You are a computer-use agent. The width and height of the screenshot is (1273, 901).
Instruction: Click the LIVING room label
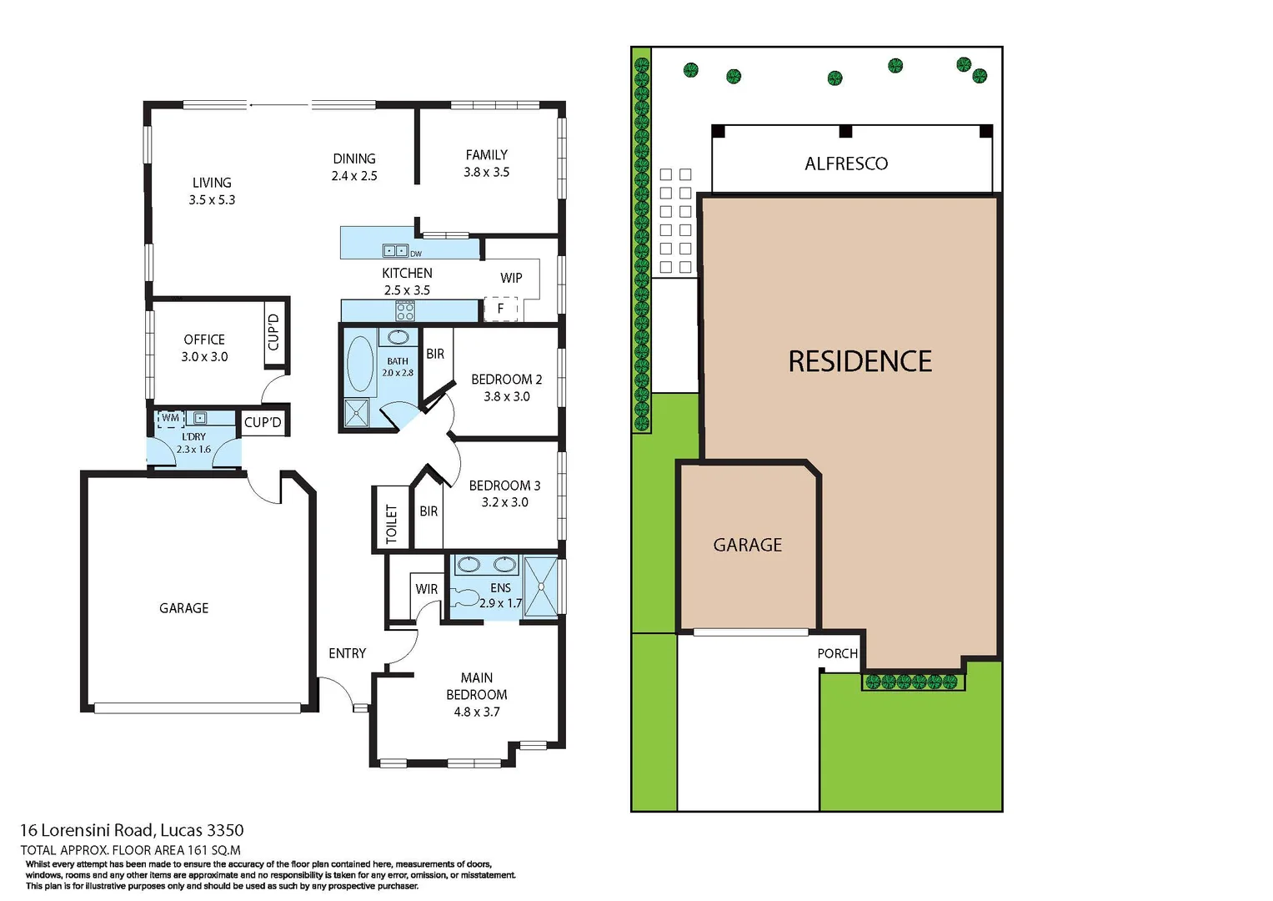coord(212,183)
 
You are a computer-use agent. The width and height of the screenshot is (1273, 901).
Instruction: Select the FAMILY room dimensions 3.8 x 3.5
coord(486,173)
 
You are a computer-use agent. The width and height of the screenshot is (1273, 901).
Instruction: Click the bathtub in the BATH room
coord(360,364)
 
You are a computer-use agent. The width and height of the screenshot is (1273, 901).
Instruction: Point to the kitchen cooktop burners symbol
coord(405,312)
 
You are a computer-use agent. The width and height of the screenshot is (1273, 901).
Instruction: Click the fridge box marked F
coord(501,309)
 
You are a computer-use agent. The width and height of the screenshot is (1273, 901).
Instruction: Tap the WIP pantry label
coord(511,278)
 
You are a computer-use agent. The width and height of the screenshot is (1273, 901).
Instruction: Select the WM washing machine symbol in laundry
coord(171,418)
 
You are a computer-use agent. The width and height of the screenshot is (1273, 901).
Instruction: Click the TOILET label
coord(392,523)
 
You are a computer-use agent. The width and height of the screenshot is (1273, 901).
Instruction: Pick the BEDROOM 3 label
coord(504,486)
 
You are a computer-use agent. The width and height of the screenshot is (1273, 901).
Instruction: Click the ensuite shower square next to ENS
coord(541,586)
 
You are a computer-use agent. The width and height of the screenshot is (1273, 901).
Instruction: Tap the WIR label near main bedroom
coord(427,589)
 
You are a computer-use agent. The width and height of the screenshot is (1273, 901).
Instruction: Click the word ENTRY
coord(347,653)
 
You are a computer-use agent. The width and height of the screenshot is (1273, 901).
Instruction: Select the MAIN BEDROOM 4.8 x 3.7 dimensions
coord(477,712)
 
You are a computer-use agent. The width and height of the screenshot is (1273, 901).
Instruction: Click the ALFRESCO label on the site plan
coord(846,164)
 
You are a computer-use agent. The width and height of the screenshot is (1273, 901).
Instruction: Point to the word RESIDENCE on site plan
coord(860,361)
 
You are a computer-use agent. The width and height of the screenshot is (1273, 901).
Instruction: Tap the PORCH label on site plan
coord(837,653)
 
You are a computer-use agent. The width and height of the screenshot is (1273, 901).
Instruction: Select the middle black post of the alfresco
coord(845,131)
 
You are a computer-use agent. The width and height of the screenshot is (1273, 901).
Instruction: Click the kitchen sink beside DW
coord(395,250)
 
